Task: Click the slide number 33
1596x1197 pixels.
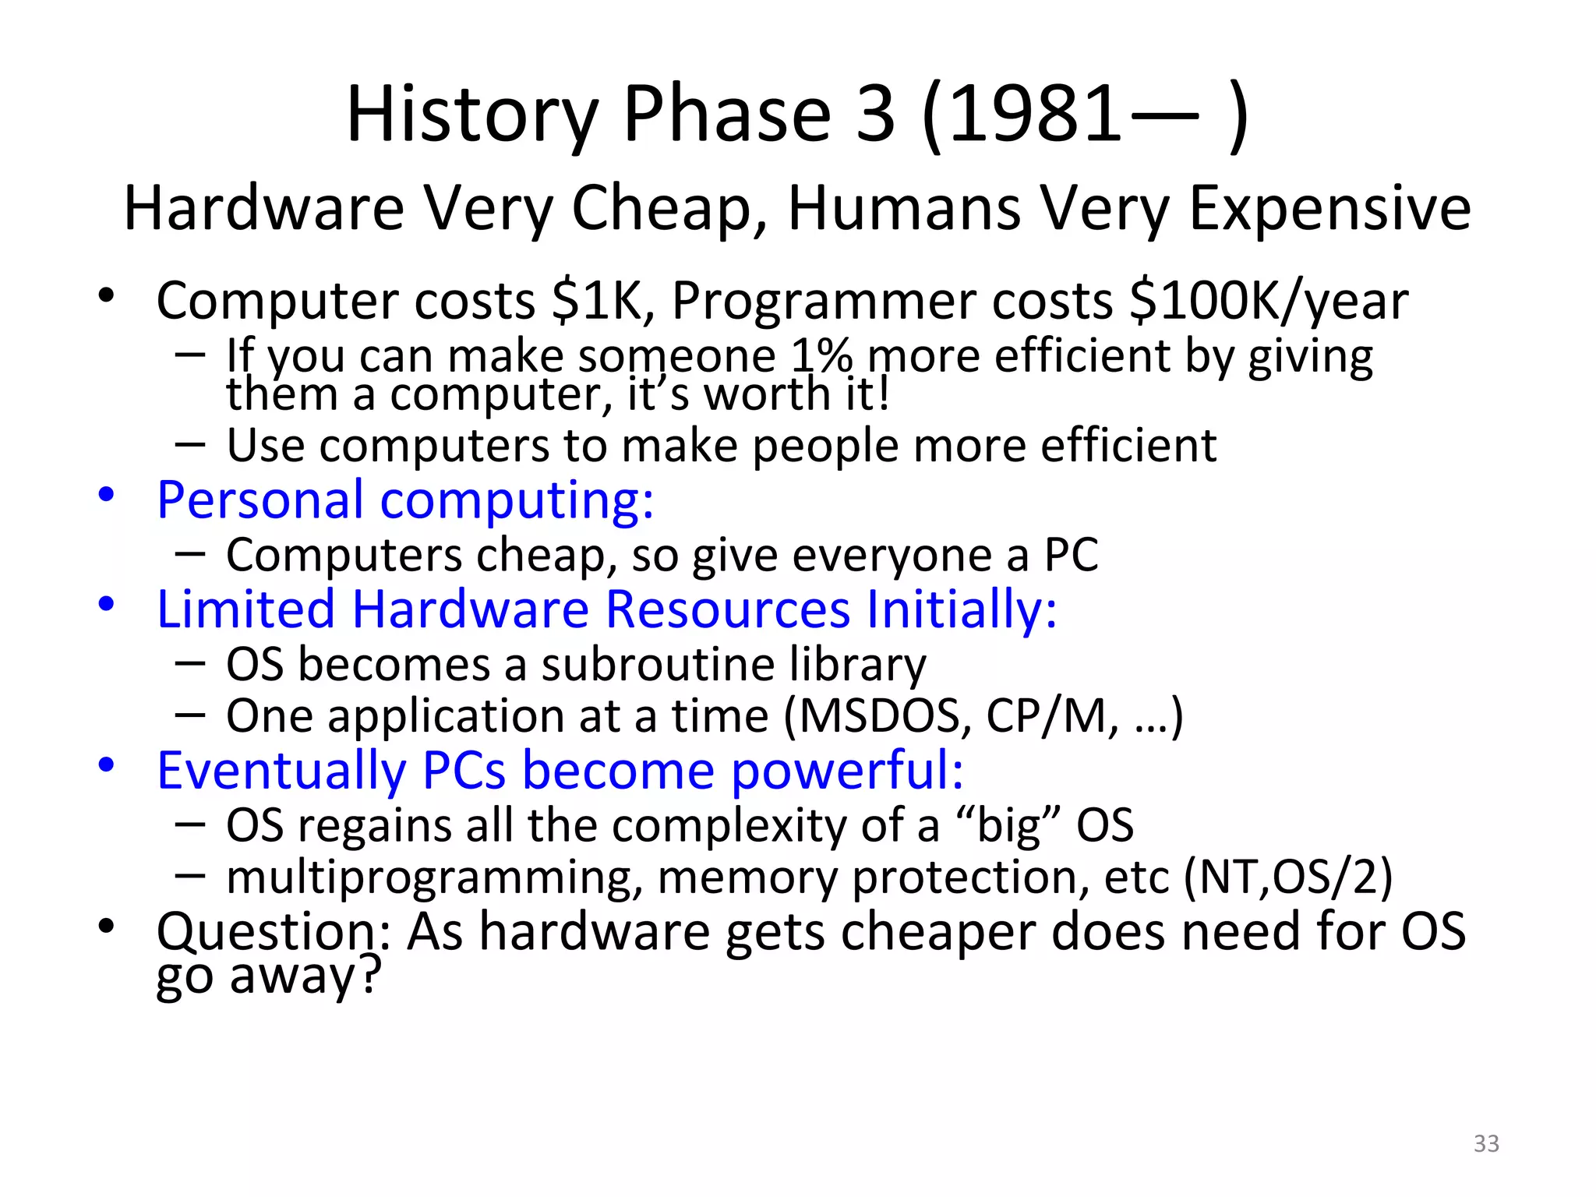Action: [1486, 1143]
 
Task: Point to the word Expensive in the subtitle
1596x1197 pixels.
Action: [1329, 209]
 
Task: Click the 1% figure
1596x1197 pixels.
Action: [821, 356]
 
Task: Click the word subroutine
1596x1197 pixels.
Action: [658, 665]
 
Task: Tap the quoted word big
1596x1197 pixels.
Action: [1010, 826]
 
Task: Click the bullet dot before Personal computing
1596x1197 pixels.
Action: [107, 495]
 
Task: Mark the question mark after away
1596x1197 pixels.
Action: [369, 974]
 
